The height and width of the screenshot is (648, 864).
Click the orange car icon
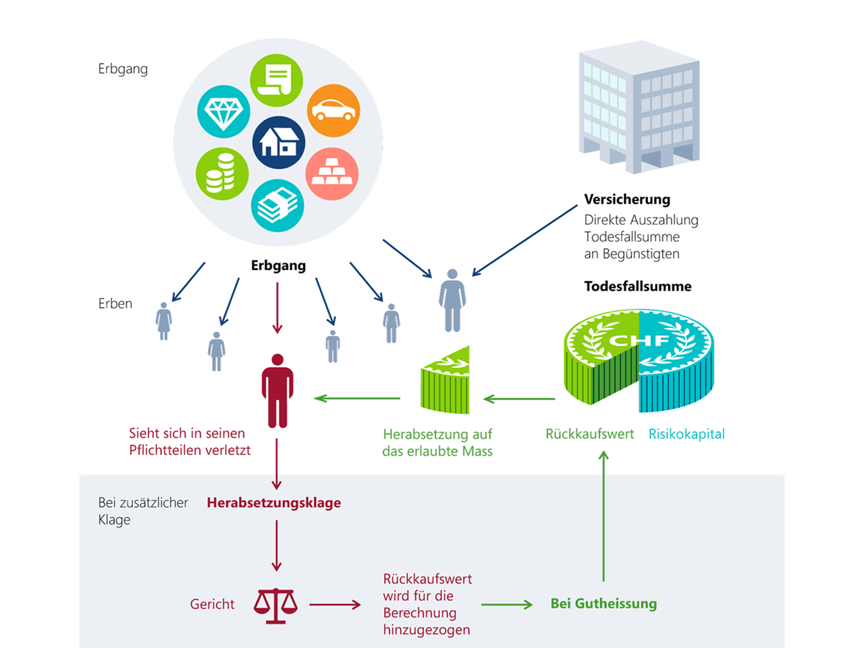(x=333, y=111)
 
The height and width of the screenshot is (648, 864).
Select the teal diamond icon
(x=223, y=112)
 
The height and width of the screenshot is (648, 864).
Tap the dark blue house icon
(x=279, y=142)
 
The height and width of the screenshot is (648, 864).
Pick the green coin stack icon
(x=222, y=173)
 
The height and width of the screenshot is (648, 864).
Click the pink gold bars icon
(x=331, y=173)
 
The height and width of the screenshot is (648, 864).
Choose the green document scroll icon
(x=277, y=80)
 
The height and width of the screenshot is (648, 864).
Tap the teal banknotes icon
(x=277, y=205)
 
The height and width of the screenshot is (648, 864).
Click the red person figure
(x=277, y=391)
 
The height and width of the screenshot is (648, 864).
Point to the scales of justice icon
(x=275, y=605)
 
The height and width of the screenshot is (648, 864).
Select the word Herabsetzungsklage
(x=273, y=503)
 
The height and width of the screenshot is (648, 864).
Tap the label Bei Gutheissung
(x=603, y=603)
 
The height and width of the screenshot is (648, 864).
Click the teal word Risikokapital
(x=686, y=434)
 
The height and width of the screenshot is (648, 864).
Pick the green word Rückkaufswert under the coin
(x=589, y=434)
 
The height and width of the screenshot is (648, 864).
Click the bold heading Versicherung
(x=627, y=199)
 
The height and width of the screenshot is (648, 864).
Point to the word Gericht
(x=212, y=604)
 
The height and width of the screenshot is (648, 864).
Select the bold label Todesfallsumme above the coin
(x=638, y=286)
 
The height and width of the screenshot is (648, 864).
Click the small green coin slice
(x=445, y=381)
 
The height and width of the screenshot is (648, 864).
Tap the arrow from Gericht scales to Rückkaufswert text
(x=335, y=605)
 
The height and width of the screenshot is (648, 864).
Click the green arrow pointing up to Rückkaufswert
(x=603, y=516)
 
